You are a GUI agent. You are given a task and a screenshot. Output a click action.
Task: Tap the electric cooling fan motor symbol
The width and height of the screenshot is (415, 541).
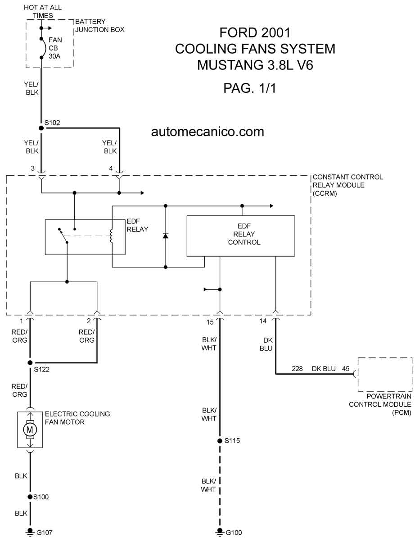pyautogui.click(x=30, y=430)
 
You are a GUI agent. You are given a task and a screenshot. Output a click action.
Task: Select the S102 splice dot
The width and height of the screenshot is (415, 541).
pyautogui.click(x=41, y=128)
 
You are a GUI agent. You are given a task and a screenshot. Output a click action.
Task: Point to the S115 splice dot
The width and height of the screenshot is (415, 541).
pyautogui.click(x=220, y=440)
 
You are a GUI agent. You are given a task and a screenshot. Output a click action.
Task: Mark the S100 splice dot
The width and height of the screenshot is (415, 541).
pyautogui.click(x=30, y=497)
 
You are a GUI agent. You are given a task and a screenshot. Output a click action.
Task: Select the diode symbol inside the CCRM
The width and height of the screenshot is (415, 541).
pyautogui.click(x=166, y=236)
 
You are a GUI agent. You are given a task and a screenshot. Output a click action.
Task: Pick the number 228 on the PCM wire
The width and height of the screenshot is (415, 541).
pyautogui.click(x=298, y=368)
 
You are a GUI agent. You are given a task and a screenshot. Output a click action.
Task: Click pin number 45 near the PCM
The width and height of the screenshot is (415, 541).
pyautogui.click(x=346, y=368)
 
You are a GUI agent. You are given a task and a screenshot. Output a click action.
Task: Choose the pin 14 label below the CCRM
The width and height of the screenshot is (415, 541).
pyautogui.click(x=263, y=321)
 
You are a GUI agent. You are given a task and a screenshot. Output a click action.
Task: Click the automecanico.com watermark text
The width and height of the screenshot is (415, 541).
pyautogui.click(x=207, y=132)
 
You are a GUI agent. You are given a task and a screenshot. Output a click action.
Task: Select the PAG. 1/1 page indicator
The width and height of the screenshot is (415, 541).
pyautogui.click(x=249, y=88)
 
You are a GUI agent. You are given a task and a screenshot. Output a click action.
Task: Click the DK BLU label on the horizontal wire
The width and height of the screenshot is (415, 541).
pyautogui.click(x=324, y=368)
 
